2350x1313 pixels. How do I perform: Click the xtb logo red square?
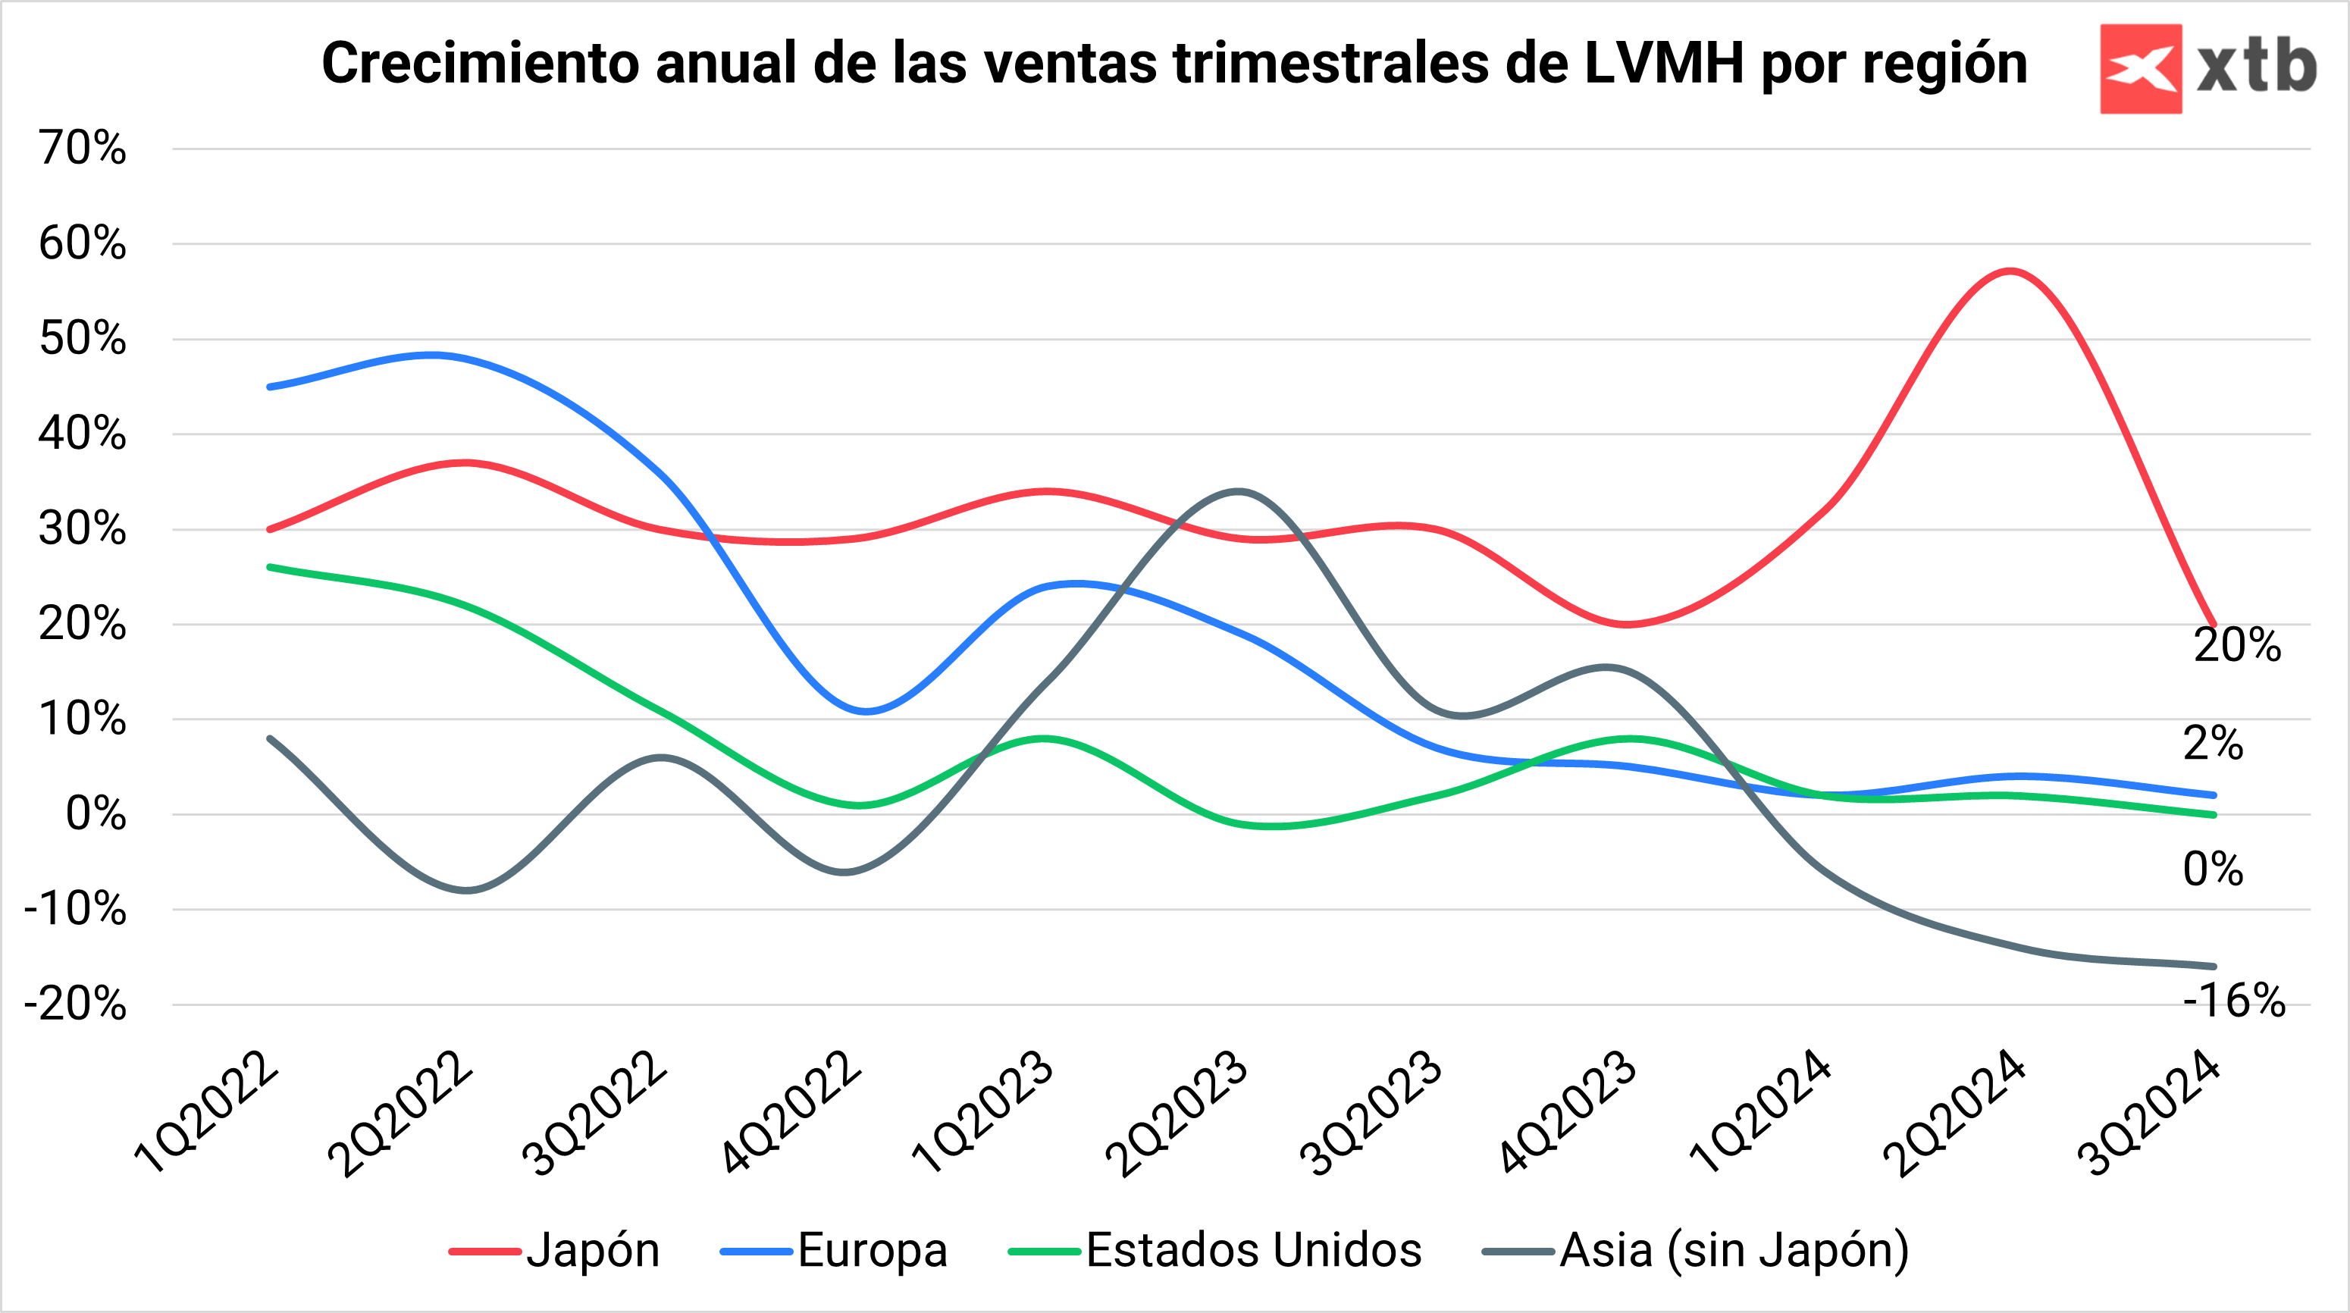click(x=2140, y=68)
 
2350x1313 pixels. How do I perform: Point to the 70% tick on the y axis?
click(x=82, y=148)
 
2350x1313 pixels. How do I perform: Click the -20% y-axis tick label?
click(x=75, y=1004)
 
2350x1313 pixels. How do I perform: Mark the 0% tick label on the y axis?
click(x=95, y=814)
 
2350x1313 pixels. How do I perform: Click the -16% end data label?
click(x=2233, y=1001)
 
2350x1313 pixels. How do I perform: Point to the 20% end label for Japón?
click(x=2236, y=646)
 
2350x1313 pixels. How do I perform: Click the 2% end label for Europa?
click(x=2212, y=744)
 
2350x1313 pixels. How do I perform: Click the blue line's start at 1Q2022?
click(x=270, y=387)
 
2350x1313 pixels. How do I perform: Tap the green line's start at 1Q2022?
click(x=270, y=566)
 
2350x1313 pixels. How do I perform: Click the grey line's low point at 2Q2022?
click(x=466, y=891)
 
